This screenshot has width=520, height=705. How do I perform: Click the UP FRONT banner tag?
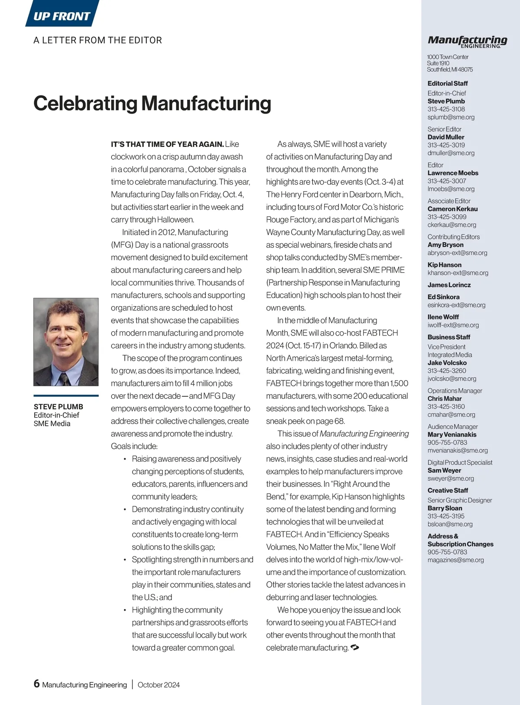[x=62, y=16]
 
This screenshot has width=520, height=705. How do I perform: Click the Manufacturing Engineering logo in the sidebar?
[x=467, y=41]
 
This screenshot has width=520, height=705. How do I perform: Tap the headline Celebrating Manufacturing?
[x=152, y=103]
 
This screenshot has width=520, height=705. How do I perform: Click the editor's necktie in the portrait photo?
[x=65, y=379]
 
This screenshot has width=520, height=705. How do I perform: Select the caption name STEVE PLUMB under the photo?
[x=58, y=407]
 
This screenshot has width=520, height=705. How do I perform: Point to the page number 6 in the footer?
[x=37, y=684]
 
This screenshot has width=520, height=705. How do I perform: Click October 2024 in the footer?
[x=159, y=685]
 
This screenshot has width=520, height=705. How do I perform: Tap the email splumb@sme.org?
[x=451, y=117]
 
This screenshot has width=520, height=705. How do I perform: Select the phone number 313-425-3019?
[x=446, y=145]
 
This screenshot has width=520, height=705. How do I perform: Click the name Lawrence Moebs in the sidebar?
[x=453, y=173]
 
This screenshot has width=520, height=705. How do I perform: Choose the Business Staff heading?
[x=448, y=337]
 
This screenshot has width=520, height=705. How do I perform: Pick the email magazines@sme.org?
[x=455, y=560]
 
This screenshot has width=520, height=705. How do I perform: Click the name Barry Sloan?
[x=445, y=508]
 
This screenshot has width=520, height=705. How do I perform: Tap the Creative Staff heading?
[x=448, y=490]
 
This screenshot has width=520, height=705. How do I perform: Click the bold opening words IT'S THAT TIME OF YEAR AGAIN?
[x=167, y=144]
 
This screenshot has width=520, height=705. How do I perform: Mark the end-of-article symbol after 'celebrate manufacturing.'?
[x=354, y=647]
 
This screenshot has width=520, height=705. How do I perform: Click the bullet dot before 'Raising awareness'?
[x=125, y=459]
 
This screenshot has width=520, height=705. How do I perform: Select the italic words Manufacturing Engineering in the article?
[x=364, y=434]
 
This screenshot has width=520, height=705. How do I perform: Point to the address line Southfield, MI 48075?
[x=450, y=69]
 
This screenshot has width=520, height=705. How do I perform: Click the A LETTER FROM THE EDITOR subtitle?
[x=97, y=40]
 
